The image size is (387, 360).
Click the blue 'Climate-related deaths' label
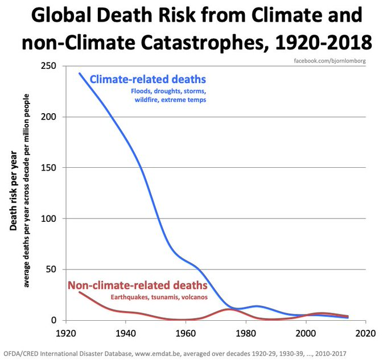[x=147, y=78]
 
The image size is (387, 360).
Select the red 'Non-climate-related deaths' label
[x=137, y=285]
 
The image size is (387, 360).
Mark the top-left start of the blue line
[x=79, y=73]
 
